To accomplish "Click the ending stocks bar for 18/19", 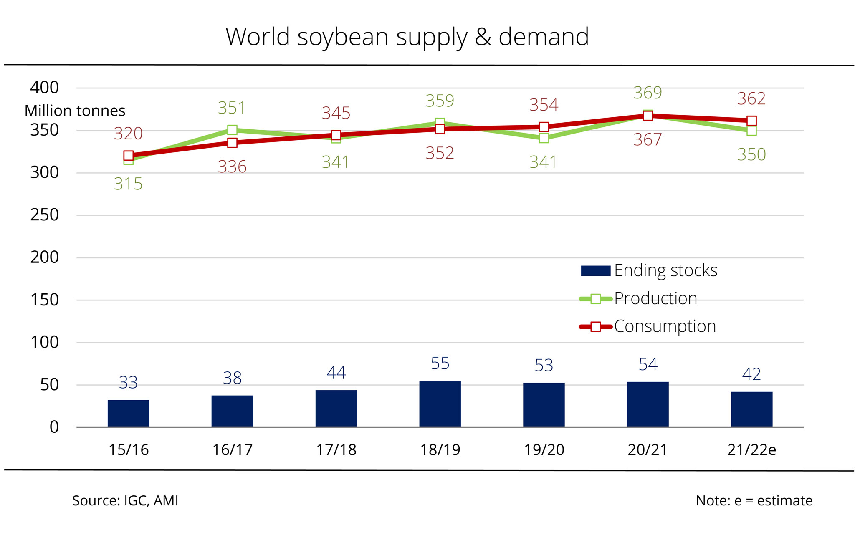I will [440, 404].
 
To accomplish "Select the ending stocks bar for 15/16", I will [128, 413].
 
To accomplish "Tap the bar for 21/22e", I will [751, 409].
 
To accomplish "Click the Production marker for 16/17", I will [233, 130].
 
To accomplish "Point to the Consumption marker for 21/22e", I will [751, 121].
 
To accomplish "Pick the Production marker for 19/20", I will [544, 138].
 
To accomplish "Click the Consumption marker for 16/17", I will [233, 143].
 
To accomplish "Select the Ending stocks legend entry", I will [649, 270].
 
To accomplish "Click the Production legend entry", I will [639, 298].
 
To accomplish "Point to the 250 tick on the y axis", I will [45, 215].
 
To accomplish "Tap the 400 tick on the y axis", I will [45, 88].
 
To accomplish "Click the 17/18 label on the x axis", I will [336, 450].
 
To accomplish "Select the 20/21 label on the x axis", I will [648, 450].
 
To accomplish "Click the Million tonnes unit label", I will [75, 111].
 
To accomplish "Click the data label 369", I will [648, 93].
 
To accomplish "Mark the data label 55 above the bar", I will [440, 363].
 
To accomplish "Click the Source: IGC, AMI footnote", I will [125, 500].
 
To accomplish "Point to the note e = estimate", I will [754, 500].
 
